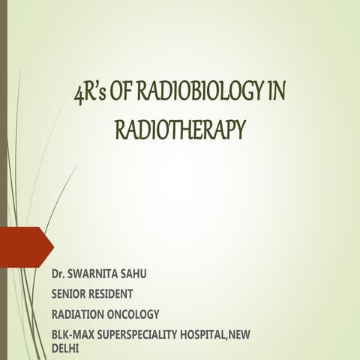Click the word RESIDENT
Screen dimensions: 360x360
tap(118, 293)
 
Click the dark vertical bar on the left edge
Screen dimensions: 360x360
tap(3, 180)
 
